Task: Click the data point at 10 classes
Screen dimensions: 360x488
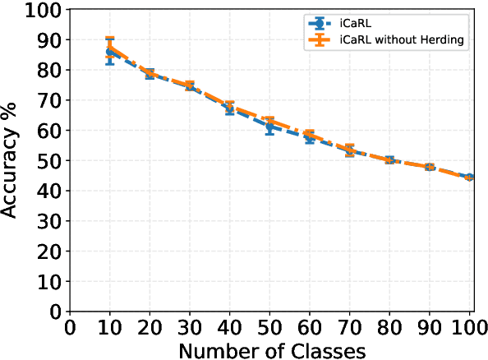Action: pyautogui.click(x=110, y=52)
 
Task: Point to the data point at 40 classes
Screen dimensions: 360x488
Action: pyautogui.click(x=230, y=108)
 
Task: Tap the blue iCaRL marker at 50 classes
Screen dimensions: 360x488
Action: pyautogui.click(x=269, y=127)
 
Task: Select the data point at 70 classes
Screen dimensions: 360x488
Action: pyautogui.click(x=350, y=150)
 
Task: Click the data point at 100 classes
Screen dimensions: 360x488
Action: pyautogui.click(x=469, y=177)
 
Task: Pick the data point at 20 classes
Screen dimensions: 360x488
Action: pyautogui.click(x=150, y=74)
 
